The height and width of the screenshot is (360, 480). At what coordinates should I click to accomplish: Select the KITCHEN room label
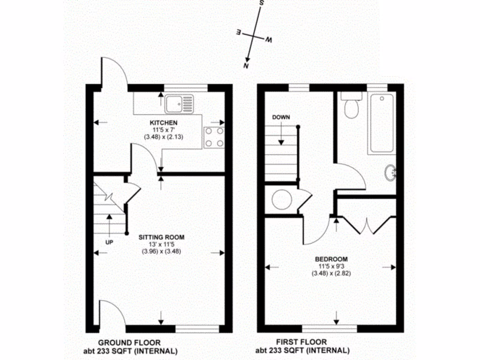point(161,123)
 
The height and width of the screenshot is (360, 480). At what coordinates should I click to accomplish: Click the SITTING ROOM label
point(161,237)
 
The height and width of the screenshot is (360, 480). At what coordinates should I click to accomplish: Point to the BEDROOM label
point(331,259)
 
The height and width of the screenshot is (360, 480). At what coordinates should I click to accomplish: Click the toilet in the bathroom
point(351,106)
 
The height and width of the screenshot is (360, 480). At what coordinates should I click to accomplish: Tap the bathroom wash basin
point(390,173)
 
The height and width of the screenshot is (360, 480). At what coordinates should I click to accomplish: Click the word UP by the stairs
point(109,242)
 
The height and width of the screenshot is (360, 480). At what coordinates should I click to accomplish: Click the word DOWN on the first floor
point(281,117)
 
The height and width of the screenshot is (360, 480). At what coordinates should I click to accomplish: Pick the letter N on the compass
point(245,66)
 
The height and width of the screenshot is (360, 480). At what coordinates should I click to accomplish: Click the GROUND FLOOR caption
point(129,343)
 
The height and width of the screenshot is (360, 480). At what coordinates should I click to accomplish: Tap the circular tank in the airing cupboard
point(282,199)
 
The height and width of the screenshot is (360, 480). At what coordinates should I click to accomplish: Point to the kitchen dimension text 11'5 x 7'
point(161,130)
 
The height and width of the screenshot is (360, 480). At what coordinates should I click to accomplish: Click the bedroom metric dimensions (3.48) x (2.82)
point(331,273)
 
